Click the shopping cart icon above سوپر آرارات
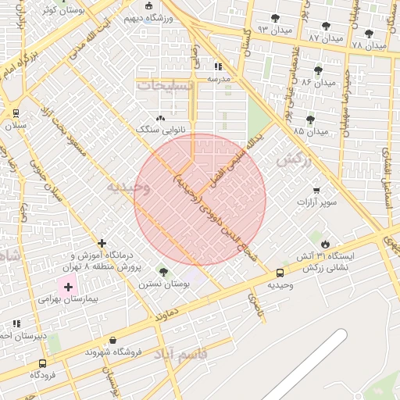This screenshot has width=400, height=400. click(316, 190)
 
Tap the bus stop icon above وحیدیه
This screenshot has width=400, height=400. click(280, 273)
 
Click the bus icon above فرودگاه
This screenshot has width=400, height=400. click(41, 362)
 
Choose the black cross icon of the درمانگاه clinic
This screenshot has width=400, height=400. click(102, 243)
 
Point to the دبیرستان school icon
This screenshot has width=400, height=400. click(16, 323)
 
